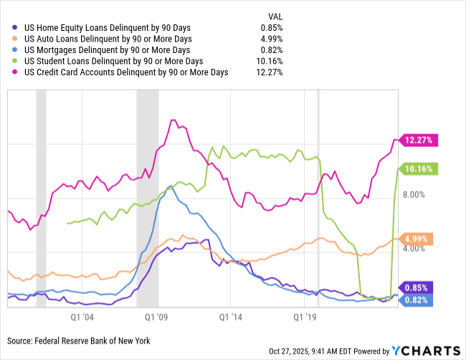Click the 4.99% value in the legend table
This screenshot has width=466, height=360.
pyautogui.click(x=272, y=39)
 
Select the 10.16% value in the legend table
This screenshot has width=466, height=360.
pyautogui.click(x=270, y=61)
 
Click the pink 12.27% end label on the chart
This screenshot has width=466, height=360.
pyautogui.click(x=418, y=141)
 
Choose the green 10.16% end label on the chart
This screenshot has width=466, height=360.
pyautogui.click(x=418, y=169)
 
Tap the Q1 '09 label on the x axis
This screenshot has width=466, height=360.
pyautogui.click(x=157, y=315)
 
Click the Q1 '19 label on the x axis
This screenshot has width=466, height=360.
pyautogui.click(x=306, y=315)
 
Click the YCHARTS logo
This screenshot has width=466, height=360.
pyautogui.click(x=426, y=350)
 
